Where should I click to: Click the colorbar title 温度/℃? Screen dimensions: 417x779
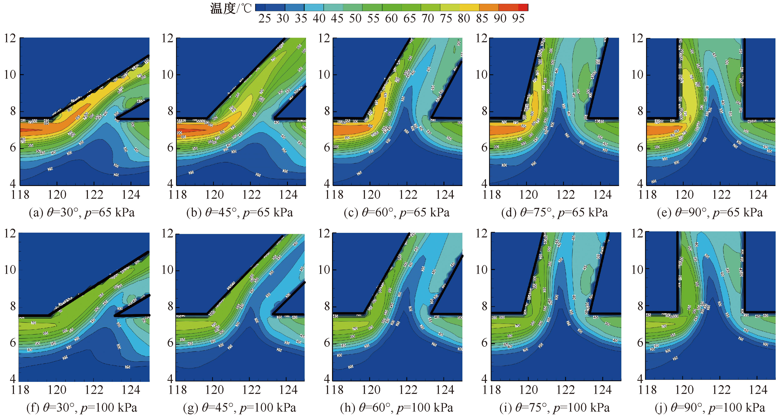231,9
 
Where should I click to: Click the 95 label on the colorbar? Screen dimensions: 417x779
518,19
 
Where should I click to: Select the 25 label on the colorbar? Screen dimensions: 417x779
264,19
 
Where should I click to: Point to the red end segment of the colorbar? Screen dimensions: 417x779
523,7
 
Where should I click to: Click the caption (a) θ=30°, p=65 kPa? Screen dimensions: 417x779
82,213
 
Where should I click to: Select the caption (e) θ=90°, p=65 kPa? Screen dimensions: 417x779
710,213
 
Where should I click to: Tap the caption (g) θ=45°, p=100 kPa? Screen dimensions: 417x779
240,408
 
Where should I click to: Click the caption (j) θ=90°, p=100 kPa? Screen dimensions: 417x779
710,408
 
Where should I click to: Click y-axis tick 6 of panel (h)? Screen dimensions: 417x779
327,343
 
